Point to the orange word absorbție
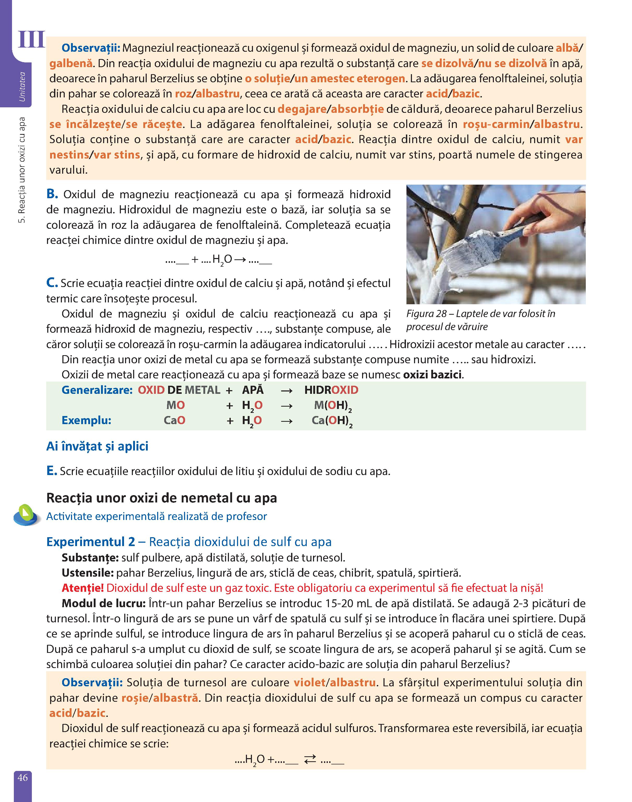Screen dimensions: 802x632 (357, 109)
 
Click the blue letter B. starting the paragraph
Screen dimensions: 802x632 (52, 194)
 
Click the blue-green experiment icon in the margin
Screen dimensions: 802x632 (27, 515)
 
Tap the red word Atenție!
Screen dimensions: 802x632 (82, 588)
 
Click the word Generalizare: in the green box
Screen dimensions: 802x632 (97, 390)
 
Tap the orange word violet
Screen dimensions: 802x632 (310, 682)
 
